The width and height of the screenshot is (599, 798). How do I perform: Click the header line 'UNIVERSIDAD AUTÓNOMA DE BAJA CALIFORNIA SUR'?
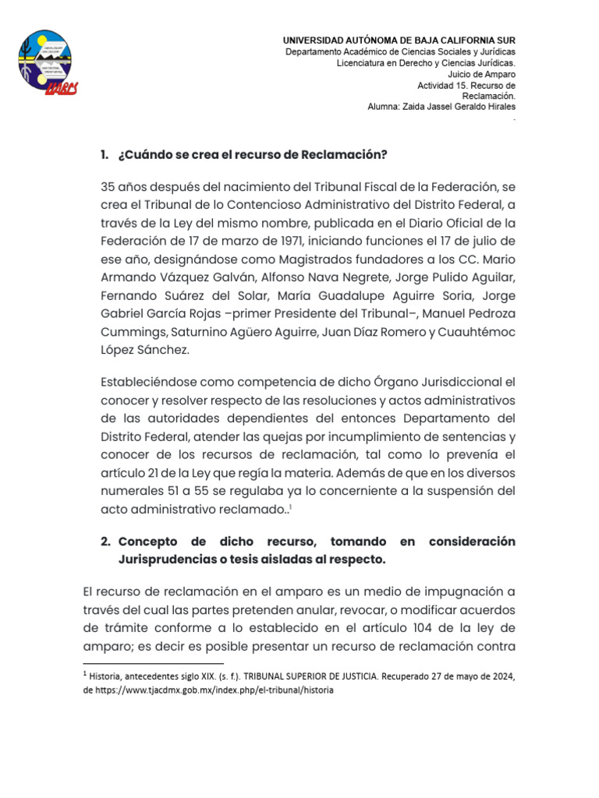pyautogui.click(x=399, y=40)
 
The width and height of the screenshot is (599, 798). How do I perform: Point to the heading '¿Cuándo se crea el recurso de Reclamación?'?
pyautogui.click(x=253, y=154)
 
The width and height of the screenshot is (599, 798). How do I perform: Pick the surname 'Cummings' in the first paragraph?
pyautogui.click(x=132, y=333)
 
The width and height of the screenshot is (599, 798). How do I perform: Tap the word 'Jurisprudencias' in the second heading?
pyautogui.click(x=165, y=560)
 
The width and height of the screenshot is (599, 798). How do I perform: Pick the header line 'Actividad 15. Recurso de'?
pyautogui.click(x=466, y=85)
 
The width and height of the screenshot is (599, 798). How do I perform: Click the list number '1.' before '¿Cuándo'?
pyautogui.click(x=105, y=154)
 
